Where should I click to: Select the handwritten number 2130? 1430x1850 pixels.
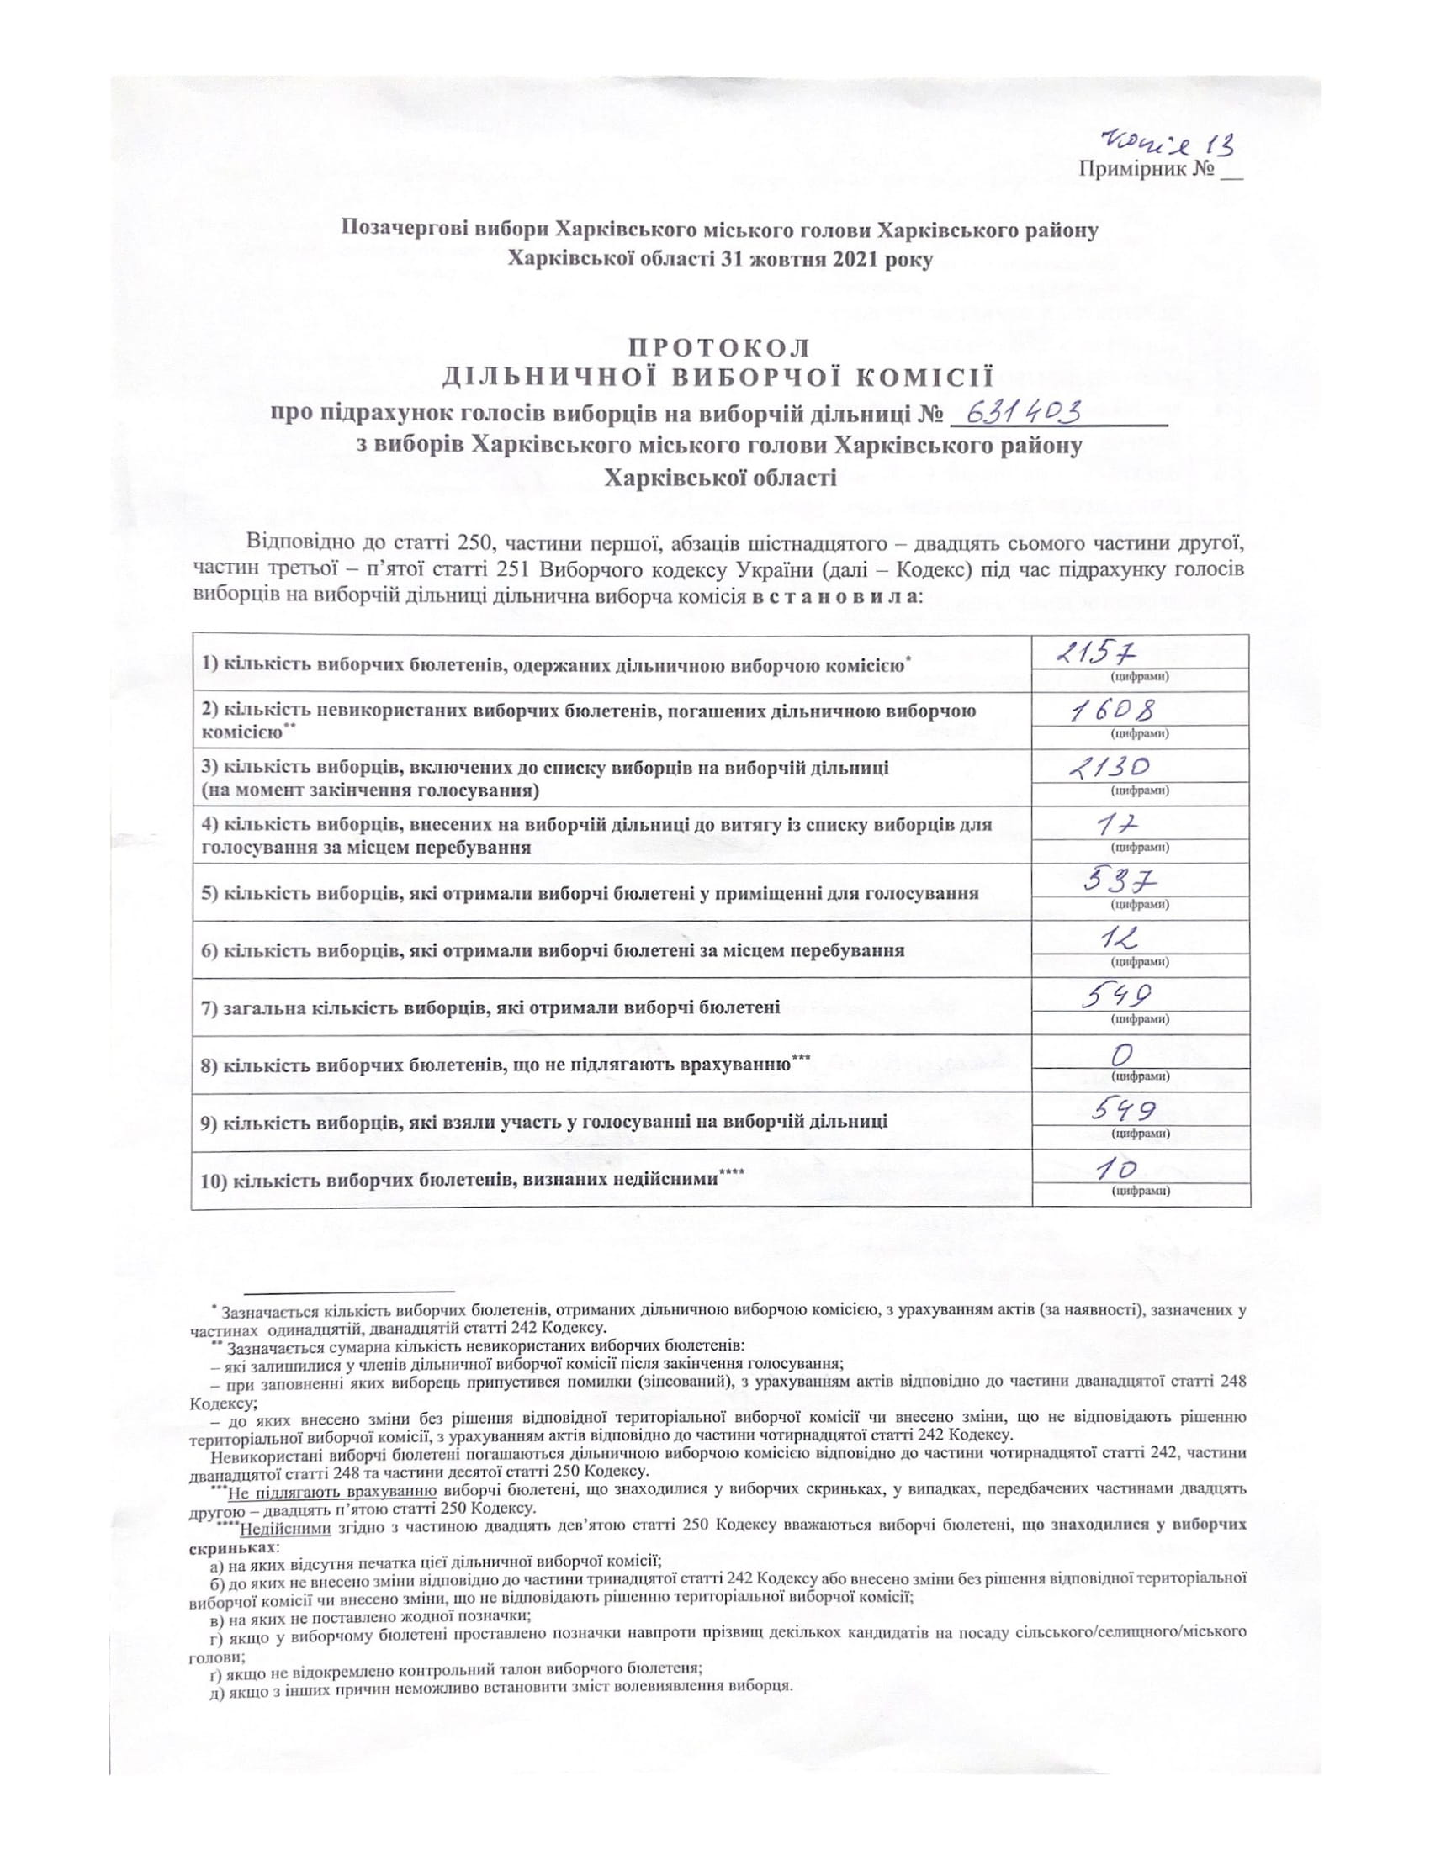(1107, 768)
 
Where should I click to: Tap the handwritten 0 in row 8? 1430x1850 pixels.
(1123, 1054)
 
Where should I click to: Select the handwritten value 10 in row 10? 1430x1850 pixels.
(1114, 1170)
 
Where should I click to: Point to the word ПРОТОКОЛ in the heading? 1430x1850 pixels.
(718, 347)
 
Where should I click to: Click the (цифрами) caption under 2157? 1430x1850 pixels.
(1140, 676)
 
